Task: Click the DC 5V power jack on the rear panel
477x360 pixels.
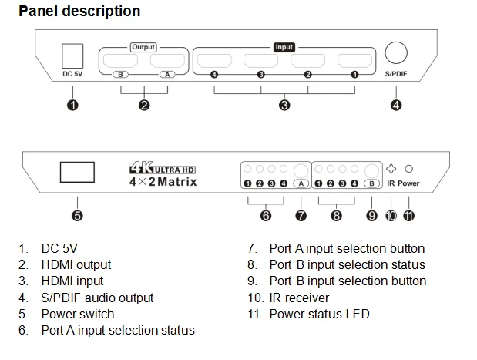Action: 72,55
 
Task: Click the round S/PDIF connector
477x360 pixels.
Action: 396,53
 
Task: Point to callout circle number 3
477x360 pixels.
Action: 284,106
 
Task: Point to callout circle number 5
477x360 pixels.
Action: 77,216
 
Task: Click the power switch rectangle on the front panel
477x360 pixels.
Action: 76,172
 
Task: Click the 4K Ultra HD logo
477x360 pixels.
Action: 163,167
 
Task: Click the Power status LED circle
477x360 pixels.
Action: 410,168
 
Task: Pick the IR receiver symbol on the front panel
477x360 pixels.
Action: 391,168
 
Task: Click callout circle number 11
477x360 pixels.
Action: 408,216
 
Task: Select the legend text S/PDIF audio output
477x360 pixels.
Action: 97,298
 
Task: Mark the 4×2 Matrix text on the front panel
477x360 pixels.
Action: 163,182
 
